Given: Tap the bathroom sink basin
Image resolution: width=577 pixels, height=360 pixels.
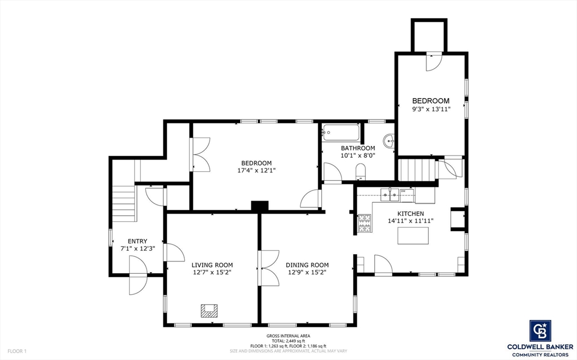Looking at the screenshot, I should [388, 140].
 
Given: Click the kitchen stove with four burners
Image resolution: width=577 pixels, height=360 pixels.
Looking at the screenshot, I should [364, 223].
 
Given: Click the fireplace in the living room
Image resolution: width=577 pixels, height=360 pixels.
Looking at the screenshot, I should [210, 310].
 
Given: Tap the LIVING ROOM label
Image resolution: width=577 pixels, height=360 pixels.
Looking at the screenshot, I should [212, 265].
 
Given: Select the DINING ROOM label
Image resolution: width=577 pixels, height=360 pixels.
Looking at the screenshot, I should [307, 265].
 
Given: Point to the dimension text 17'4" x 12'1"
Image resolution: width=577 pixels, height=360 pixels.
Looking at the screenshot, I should [256, 170].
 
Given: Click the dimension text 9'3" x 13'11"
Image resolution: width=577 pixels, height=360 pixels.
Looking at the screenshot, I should [430, 109].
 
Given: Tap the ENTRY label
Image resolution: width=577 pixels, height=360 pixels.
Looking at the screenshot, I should [137, 241].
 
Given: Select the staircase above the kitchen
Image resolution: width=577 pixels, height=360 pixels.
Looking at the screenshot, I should [418, 169].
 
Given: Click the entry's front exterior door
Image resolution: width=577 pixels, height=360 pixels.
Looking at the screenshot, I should [138, 275].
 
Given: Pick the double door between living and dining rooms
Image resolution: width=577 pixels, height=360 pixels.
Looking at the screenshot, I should [260, 268].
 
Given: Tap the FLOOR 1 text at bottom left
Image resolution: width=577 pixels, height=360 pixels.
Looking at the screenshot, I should [17, 351].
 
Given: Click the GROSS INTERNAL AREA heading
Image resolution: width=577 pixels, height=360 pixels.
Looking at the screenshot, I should [288, 335].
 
